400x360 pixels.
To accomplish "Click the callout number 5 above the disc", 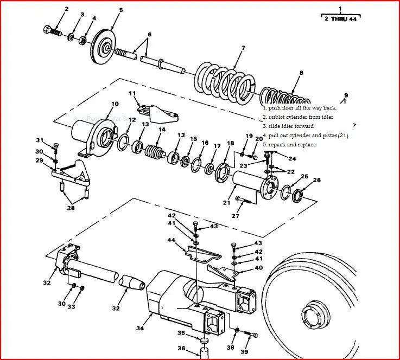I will [121, 10].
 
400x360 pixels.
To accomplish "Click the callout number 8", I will [301, 72].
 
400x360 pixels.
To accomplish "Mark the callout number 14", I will [161, 130].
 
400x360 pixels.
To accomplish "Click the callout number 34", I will [139, 328].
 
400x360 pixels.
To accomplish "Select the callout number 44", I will [172, 240].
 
